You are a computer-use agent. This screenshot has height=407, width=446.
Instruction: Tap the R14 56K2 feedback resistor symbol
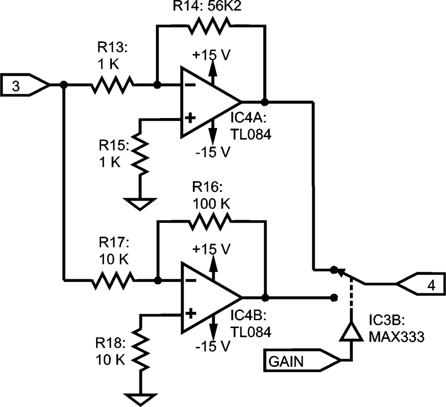pyautogui.click(x=209, y=26)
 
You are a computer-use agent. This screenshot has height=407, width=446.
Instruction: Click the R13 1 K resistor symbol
pyautogui.click(x=112, y=85)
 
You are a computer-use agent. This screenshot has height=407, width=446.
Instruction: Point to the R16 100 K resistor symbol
pyautogui.click(x=209, y=222)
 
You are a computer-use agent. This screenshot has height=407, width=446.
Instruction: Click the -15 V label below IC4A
pyautogui.click(x=212, y=152)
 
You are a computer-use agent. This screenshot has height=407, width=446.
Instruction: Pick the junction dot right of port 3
pyautogui.click(x=63, y=85)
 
